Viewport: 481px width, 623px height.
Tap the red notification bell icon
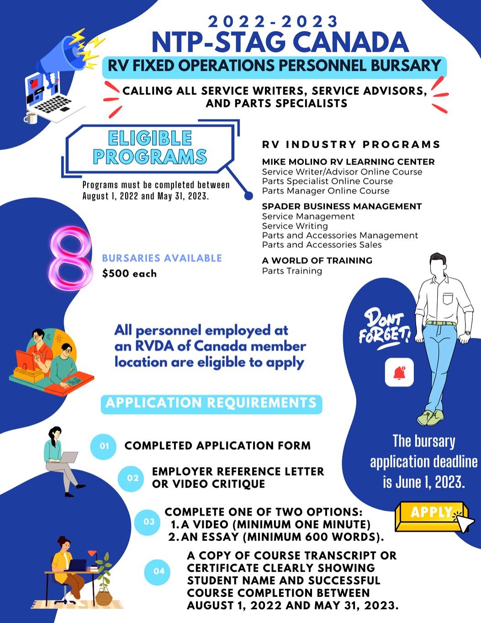pyautogui.click(x=399, y=373)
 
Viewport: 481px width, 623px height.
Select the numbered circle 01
pyautogui.click(x=104, y=446)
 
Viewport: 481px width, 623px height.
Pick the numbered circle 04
pyautogui.click(x=159, y=571)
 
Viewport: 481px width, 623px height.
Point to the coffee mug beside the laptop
pyautogui.click(x=31, y=118)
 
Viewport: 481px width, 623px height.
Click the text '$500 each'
pyautogui.click(x=130, y=274)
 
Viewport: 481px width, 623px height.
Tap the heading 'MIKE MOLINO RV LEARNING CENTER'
pyautogui.click(x=348, y=162)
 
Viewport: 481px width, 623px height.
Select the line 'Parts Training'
pyautogui.click(x=292, y=271)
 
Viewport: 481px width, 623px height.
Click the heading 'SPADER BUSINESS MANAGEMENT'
pyautogui.click(x=342, y=206)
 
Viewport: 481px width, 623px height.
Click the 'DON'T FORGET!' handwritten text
pyautogui.click(x=384, y=327)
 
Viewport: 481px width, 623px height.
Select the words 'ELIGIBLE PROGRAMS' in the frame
pyautogui.click(x=150, y=148)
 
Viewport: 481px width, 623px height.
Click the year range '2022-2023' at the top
pyautogui.click(x=273, y=21)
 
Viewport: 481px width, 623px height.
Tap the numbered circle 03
pyautogui.click(x=149, y=522)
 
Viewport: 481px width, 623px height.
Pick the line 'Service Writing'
pyautogui.click(x=295, y=226)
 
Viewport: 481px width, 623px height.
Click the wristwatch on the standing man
pyautogui.click(x=466, y=333)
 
